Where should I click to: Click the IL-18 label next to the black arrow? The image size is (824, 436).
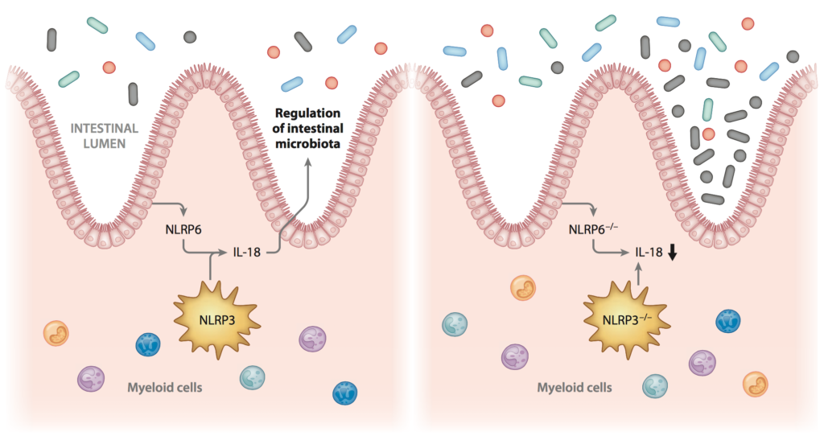(x=649, y=253)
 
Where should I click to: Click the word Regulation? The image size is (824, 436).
(x=307, y=113)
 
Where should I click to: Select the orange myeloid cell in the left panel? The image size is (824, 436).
(x=56, y=334)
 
